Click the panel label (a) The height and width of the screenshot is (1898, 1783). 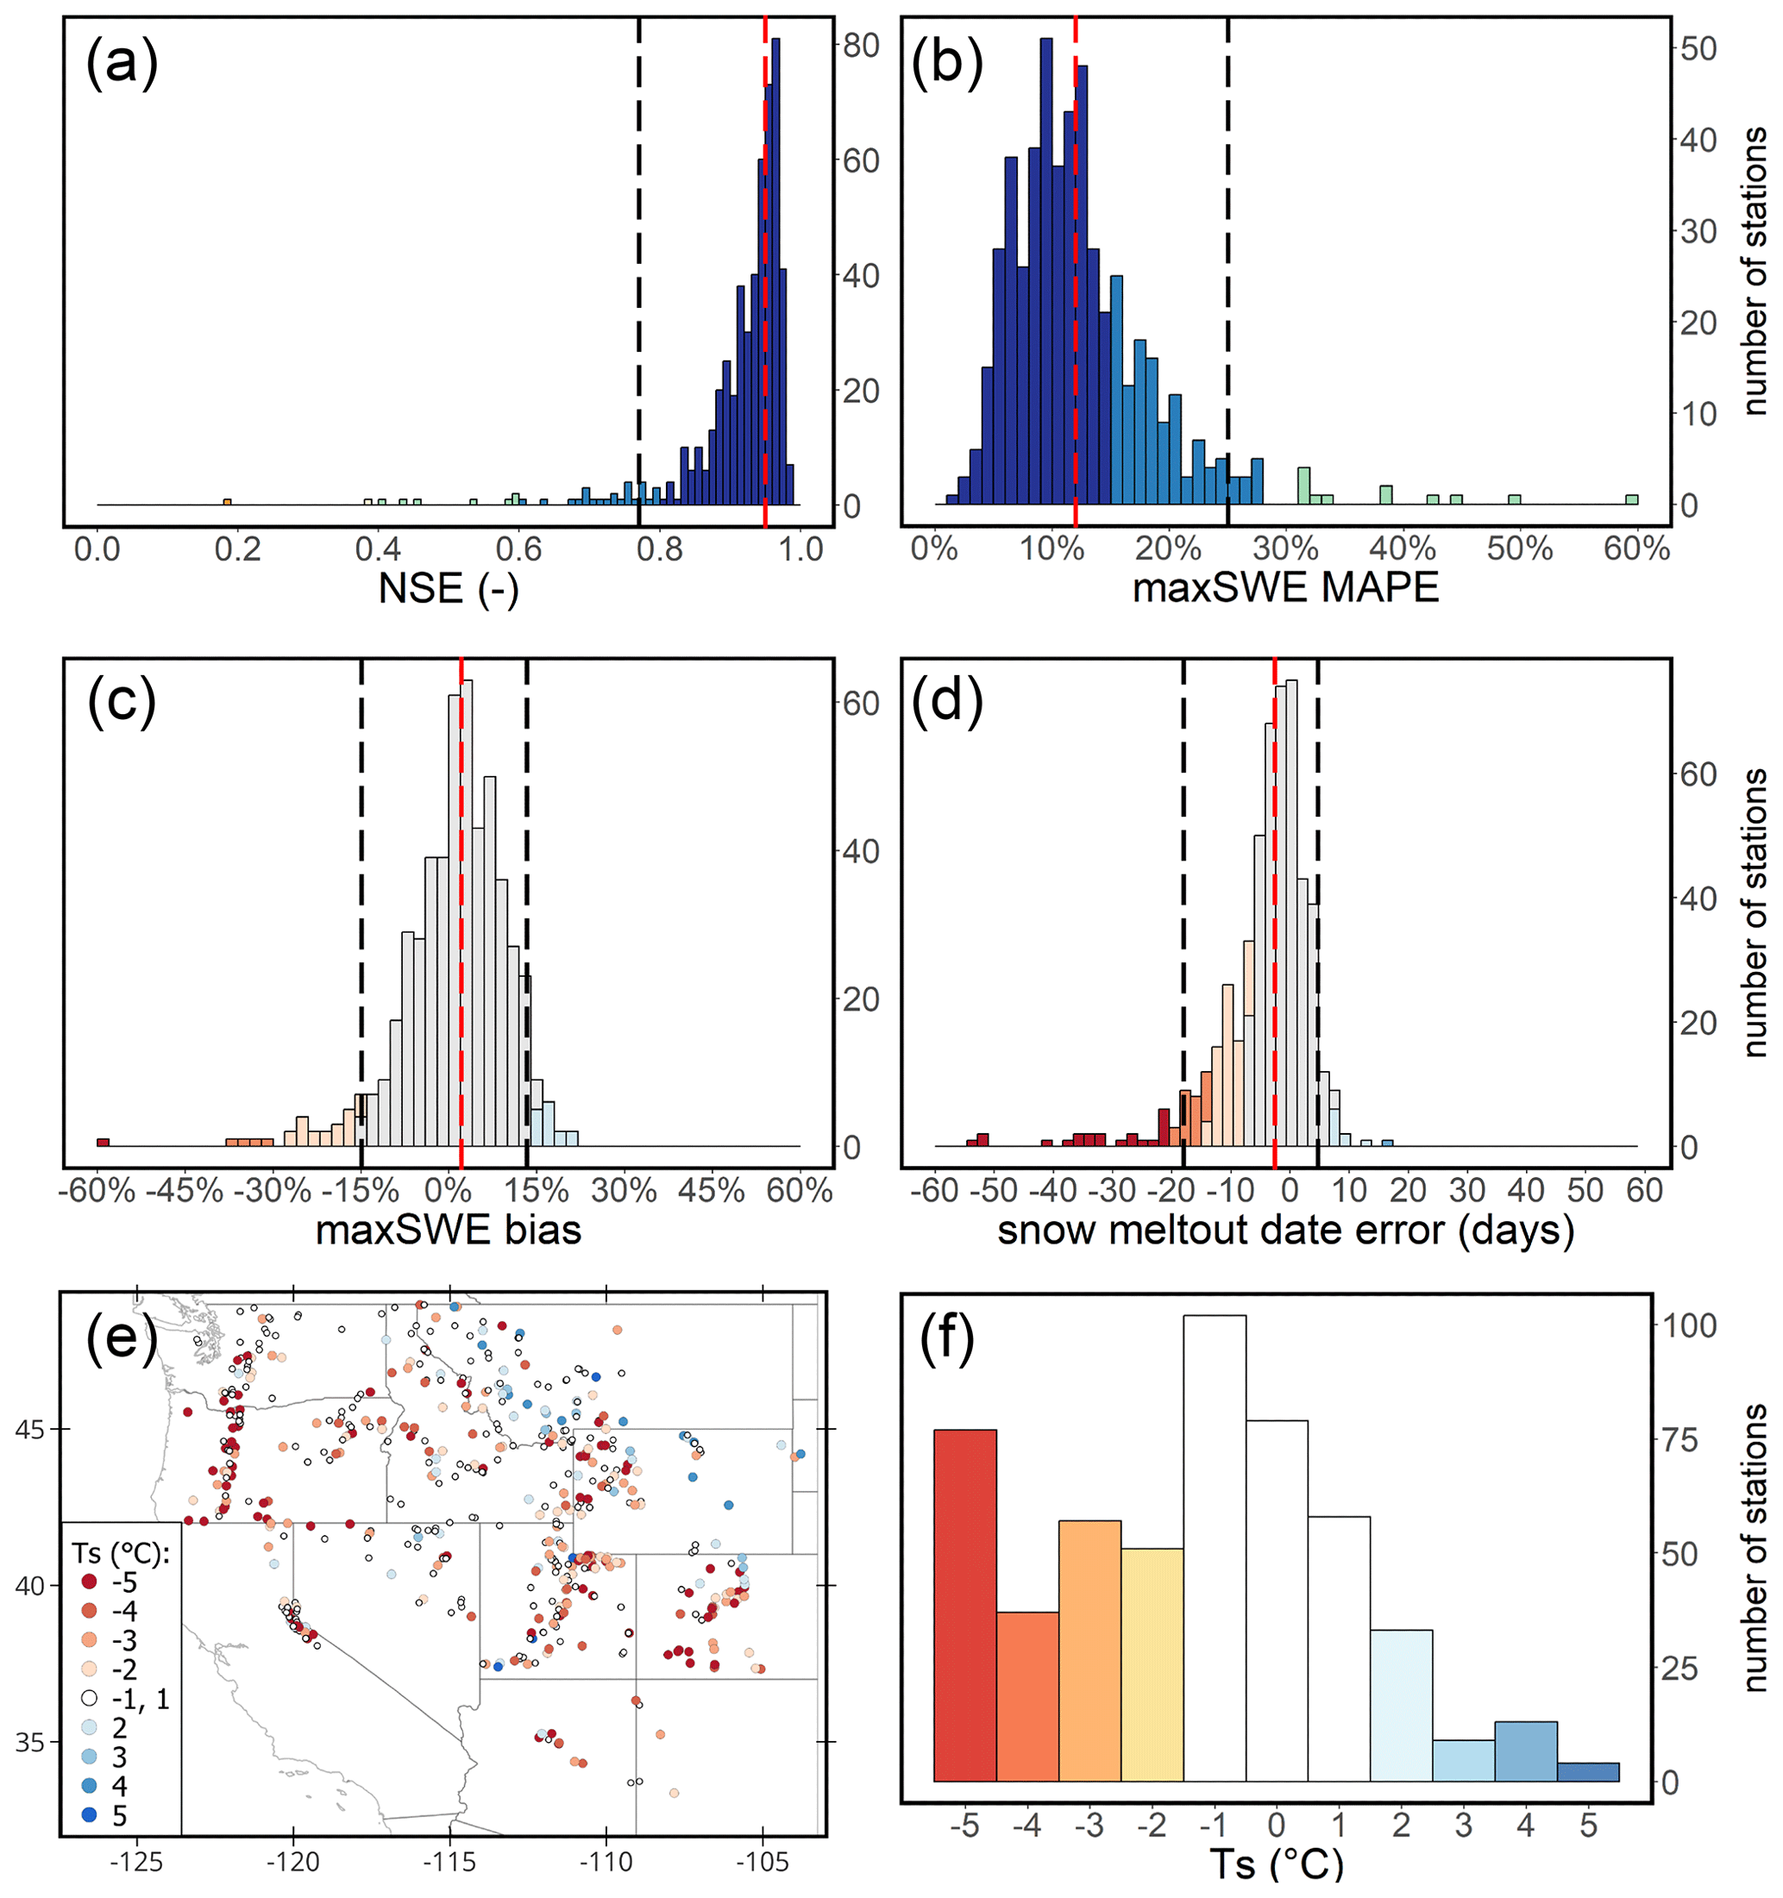[x=122, y=64]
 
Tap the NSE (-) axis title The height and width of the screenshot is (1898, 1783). [x=448, y=588]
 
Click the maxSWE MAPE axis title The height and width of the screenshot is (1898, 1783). [x=1284, y=588]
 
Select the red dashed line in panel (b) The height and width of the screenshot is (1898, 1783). [x=1076, y=286]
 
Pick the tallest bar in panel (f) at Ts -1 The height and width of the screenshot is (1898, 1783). [x=1214, y=1547]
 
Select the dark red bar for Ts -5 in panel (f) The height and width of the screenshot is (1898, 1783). [x=964, y=1604]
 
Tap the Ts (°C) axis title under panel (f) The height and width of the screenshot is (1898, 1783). [x=1276, y=1864]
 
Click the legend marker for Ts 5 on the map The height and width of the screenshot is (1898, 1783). [x=90, y=1815]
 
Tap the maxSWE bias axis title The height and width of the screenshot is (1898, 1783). [x=448, y=1231]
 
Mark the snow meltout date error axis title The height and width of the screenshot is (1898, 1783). [x=1285, y=1231]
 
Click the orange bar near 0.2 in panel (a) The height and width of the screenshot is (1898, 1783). [x=227, y=502]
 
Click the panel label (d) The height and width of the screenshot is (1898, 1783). [x=946, y=704]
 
